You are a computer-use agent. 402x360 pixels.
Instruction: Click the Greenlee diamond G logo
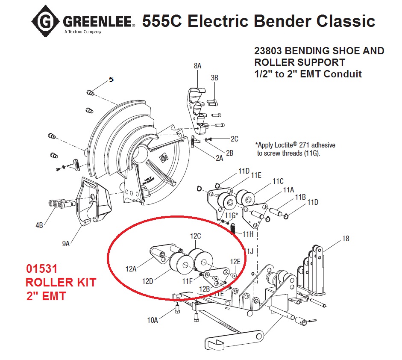pos(46,21)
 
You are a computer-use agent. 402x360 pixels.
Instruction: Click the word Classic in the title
pos(346,21)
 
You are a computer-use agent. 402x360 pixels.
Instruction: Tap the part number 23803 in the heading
pos(268,51)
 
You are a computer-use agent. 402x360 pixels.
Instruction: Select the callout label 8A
pos(197,66)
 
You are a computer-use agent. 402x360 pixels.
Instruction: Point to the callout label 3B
pos(214,77)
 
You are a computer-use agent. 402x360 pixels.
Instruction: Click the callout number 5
pos(111,80)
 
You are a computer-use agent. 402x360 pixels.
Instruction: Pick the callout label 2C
pos(235,139)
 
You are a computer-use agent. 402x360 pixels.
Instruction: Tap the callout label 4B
pos(39,225)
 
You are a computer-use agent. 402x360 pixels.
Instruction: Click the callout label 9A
pos(66,244)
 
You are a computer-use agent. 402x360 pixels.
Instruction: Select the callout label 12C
pos(195,236)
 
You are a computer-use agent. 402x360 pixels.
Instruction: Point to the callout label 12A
pos(131,269)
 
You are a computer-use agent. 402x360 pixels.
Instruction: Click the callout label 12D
pos(148,281)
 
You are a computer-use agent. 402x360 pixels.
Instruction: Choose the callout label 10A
pos(152,320)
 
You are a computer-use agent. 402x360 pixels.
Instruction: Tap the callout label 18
pos(346,239)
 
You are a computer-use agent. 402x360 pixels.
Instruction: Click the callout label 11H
pos(248,234)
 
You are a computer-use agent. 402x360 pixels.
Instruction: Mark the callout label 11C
pos(278,181)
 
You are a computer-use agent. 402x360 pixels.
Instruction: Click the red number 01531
pos(42,269)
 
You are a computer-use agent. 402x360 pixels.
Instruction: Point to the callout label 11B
pos(300,197)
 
